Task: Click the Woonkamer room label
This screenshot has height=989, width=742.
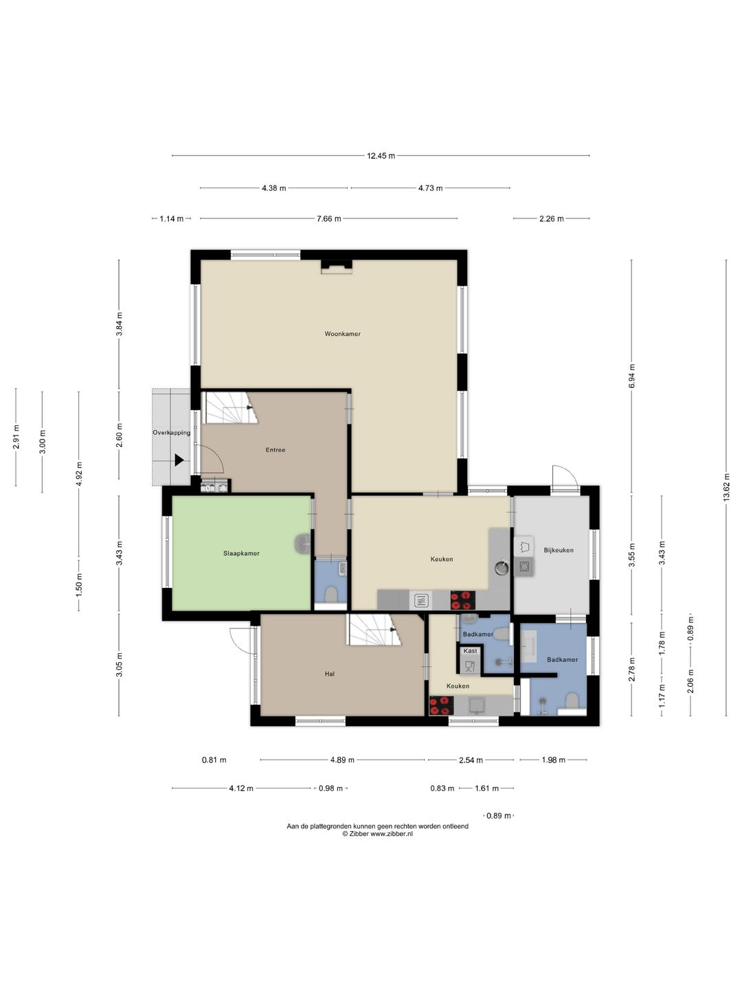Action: [x=342, y=334]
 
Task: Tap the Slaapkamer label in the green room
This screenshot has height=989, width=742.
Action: [x=241, y=554]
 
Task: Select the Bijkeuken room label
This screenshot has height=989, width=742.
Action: [x=558, y=550]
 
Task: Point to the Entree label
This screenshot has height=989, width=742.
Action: [x=276, y=450]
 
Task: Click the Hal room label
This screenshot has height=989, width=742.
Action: [x=329, y=674]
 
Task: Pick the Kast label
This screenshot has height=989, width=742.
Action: [x=470, y=650]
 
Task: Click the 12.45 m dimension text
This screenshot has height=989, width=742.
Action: [x=381, y=156]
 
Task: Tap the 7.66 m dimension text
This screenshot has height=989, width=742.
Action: [x=328, y=219]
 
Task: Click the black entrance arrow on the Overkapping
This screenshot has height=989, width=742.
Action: [x=179, y=460]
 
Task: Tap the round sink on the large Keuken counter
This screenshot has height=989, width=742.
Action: [x=502, y=568]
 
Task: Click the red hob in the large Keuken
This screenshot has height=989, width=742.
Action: [x=462, y=600]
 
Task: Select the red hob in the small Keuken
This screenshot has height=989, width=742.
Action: [x=442, y=705]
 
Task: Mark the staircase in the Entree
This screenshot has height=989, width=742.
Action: [x=231, y=407]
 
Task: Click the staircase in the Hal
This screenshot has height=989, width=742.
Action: [x=373, y=630]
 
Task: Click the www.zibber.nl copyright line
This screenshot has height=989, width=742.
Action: [x=377, y=834]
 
